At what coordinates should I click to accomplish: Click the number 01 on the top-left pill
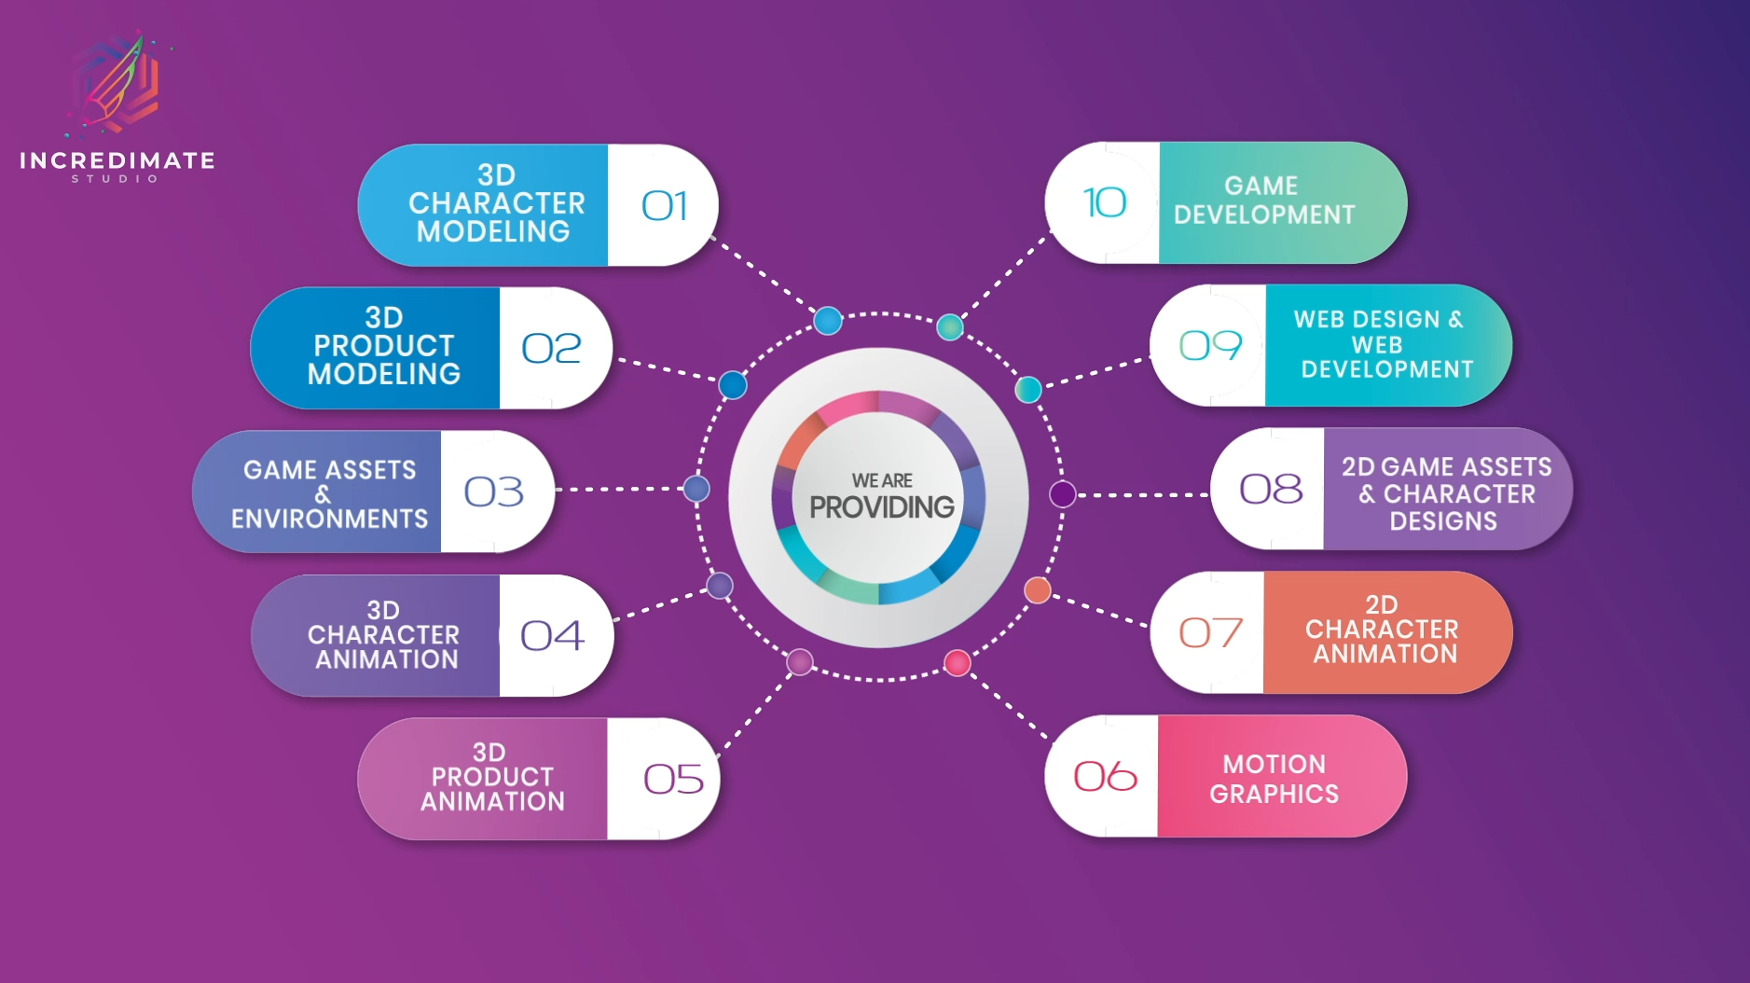(x=664, y=206)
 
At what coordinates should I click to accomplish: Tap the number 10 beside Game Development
(x=1105, y=202)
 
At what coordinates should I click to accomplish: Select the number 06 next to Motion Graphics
(x=1105, y=776)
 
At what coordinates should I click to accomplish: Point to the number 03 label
(x=494, y=491)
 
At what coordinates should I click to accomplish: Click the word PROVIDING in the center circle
(x=881, y=507)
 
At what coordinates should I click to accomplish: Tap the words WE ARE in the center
(x=881, y=480)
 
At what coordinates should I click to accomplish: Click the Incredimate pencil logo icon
(x=117, y=84)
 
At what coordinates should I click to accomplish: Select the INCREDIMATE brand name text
(x=117, y=160)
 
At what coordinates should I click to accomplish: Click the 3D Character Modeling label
(x=496, y=203)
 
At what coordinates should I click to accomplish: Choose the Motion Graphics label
(x=1274, y=779)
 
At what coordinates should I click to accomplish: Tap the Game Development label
(x=1263, y=201)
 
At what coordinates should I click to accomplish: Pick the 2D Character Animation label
(x=1382, y=630)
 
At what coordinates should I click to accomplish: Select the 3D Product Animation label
(x=491, y=777)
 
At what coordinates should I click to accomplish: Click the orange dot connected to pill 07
(x=1038, y=589)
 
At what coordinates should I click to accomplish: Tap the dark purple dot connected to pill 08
(x=1062, y=494)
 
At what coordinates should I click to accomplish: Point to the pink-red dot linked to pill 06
(x=958, y=662)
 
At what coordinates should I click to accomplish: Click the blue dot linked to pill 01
(x=827, y=321)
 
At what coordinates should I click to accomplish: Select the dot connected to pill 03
(x=696, y=488)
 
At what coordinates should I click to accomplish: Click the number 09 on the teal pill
(x=1210, y=346)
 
